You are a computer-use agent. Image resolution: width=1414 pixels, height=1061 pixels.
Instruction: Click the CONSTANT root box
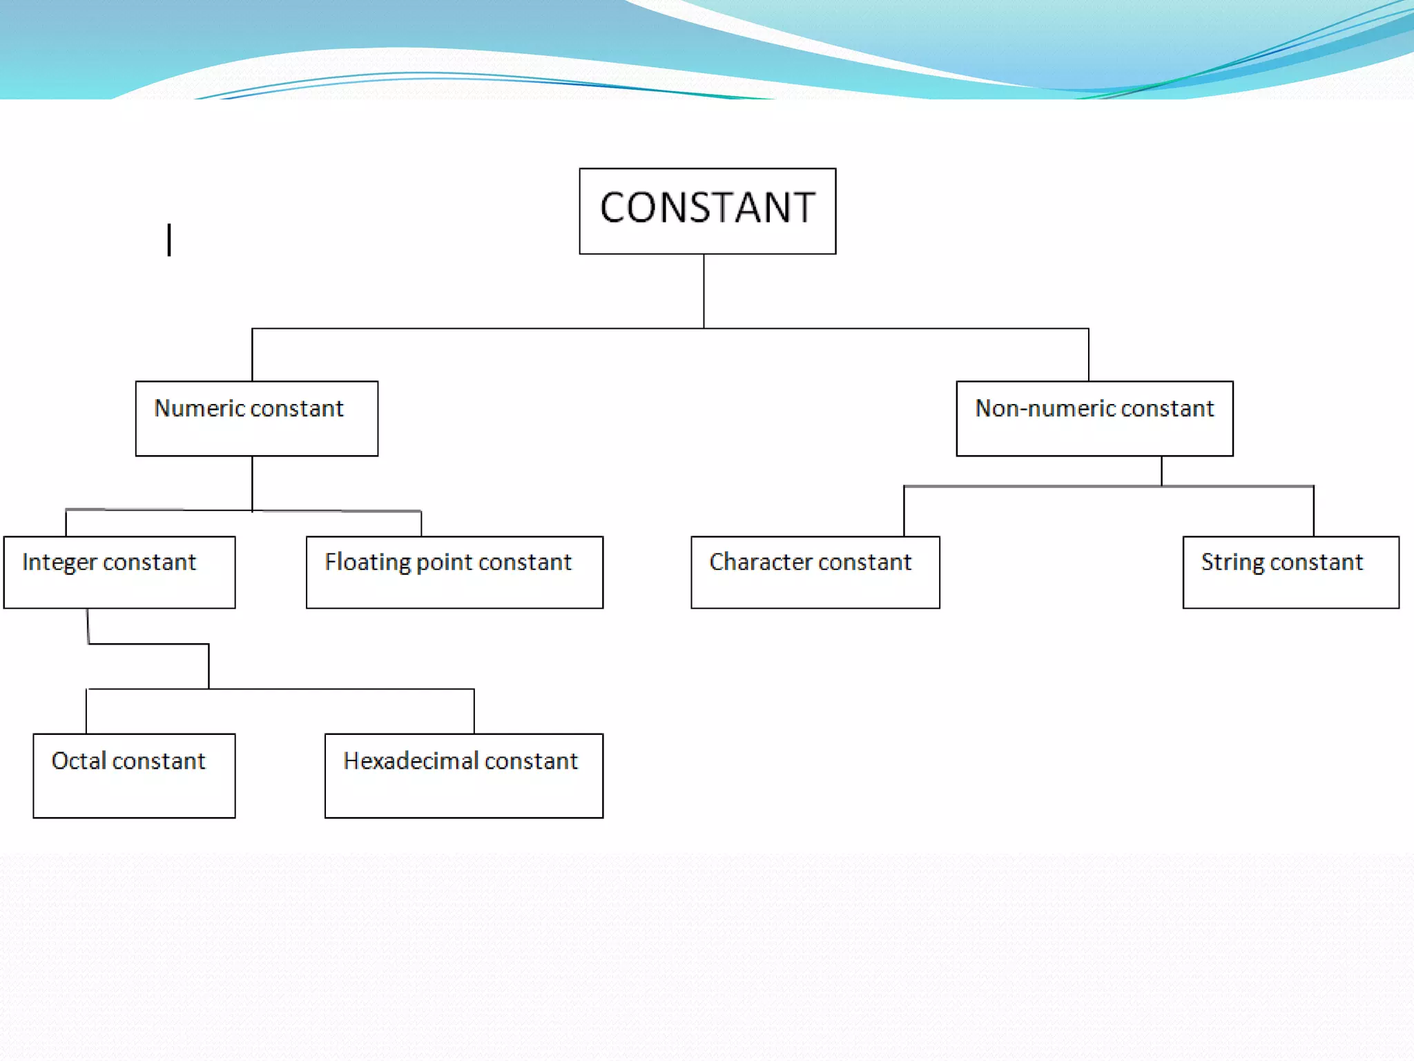pyautogui.click(x=707, y=211)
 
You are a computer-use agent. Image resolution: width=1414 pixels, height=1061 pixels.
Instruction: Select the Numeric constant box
pyautogui.click(x=256, y=418)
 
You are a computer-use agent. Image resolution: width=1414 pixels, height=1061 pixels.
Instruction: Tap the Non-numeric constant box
pyautogui.click(x=1094, y=418)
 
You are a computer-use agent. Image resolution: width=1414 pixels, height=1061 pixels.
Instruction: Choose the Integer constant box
pyautogui.click(x=119, y=572)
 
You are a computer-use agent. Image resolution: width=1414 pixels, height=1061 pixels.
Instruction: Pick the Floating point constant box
pyautogui.click(x=454, y=572)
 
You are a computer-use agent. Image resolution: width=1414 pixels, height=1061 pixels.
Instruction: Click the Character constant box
pyautogui.click(x=815, y=572)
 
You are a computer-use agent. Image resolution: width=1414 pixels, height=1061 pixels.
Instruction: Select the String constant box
pyautogui.click(x=1290, y=572)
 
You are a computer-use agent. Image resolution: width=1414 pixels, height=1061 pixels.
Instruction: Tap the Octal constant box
pyautogui.click(x=134, y=775)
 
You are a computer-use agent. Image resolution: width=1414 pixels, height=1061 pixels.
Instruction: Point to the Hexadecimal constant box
pyautogui.click(x=463, y=775)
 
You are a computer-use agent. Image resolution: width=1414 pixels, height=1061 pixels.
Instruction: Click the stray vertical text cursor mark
pyautogui.click(x=169, y=240)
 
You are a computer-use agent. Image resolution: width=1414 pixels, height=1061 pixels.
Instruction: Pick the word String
pyautogui.click(x=1232, y=562)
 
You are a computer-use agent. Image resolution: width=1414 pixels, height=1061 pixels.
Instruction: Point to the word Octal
pyautogui.click(x=78, y=761)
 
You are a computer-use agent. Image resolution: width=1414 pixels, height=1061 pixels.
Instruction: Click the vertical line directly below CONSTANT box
pyautogui.click(x=704, y=291)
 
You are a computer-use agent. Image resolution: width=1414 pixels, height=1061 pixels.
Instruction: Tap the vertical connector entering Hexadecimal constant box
pyautogui.click(x=474, y=711)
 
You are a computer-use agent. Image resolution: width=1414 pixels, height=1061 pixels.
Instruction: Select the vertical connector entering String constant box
pyautogui.click(x=1313, y=511)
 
